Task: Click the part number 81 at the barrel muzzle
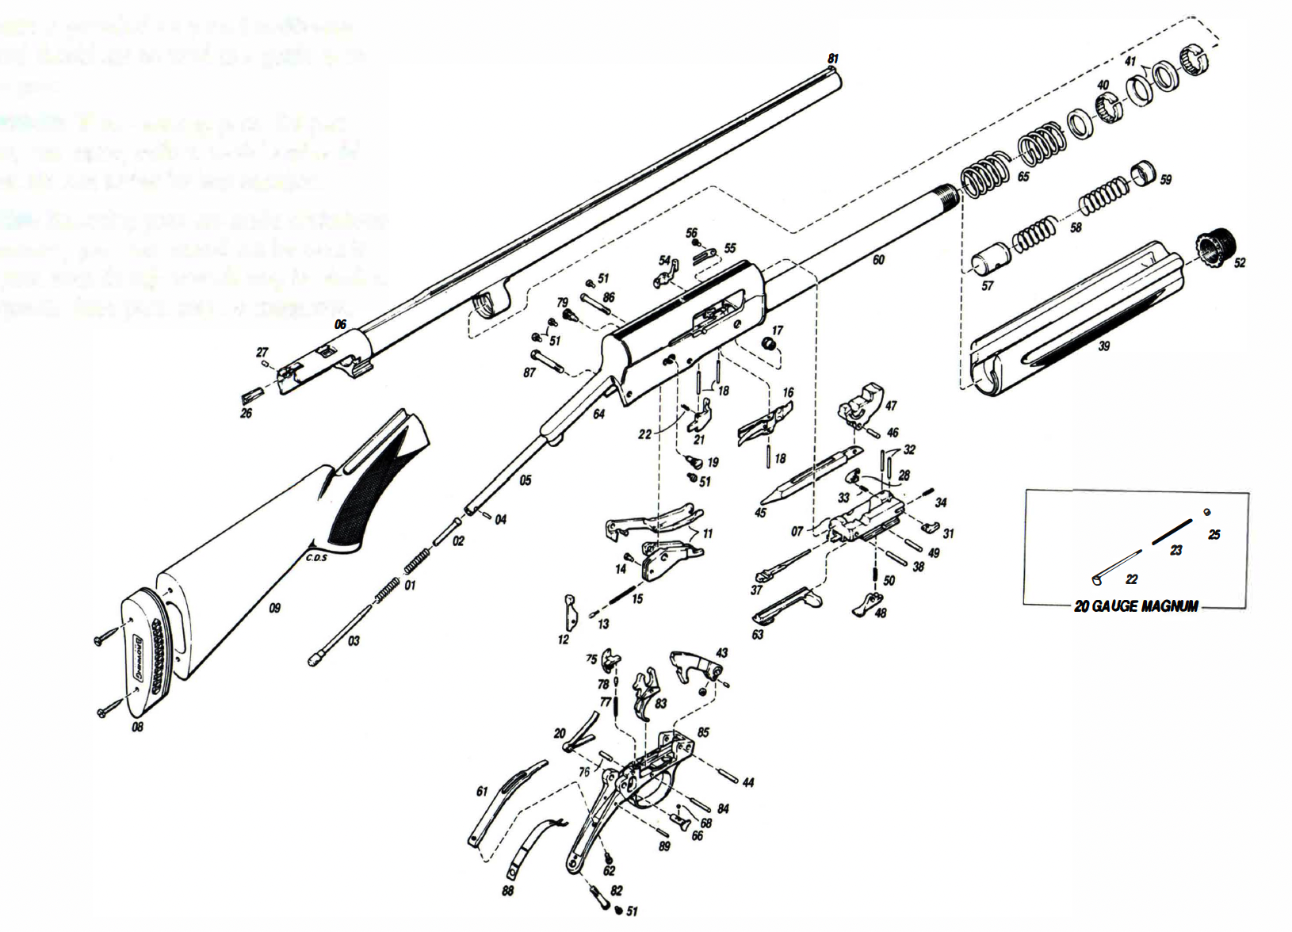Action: (832, 59)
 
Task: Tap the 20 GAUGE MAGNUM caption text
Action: (1136, 606)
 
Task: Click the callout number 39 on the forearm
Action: (1104, 346)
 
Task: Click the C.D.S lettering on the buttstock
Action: (316, 556)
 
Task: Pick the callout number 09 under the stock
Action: (274, 609)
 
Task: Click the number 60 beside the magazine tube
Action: (878, 260)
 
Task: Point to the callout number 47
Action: (891, 405)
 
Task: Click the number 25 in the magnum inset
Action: (1214, 535)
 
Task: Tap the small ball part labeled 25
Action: (1207, 512)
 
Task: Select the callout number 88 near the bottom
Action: (507, 890)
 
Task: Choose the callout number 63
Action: (758, 634)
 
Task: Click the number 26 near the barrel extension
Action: (246, 413)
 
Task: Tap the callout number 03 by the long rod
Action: (354, 640)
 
